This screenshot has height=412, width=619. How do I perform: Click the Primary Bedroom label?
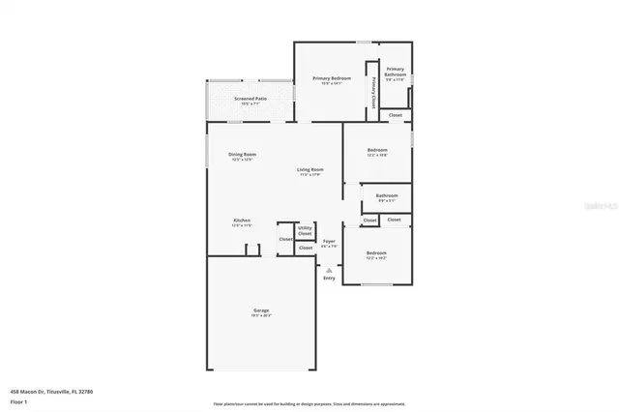click(331, 77)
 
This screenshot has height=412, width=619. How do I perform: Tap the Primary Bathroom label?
click(396, 72)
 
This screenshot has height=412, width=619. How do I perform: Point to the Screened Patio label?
click(250, 98)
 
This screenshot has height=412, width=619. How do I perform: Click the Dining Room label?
click(242, 155)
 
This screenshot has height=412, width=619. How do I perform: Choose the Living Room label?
click(309, 170)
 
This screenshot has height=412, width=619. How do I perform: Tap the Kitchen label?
click(242, 221)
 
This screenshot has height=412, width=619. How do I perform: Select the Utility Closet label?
click(305, 231)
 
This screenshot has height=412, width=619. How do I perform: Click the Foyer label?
click(329, 241)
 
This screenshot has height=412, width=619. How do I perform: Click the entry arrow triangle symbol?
click(330, 270)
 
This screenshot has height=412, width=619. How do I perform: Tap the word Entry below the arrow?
click(330, 279)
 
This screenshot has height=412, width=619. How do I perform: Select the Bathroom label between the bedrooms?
click(387, 196)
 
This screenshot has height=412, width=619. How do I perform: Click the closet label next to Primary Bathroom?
click(395, 115)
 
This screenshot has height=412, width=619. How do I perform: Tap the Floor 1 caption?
click(19, 400)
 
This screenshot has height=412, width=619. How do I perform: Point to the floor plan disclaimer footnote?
click(309, 404)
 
